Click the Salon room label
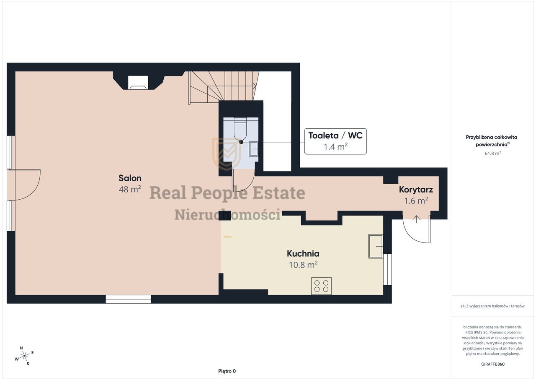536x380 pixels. pos(130,178)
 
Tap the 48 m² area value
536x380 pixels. pos(130,189)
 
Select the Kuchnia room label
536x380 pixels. pos(303,253)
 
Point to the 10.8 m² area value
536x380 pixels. pos(303,265)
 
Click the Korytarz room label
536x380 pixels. pos(416,190)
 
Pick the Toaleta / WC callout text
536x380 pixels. pos(335,135)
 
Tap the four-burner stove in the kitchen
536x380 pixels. pos(321,286)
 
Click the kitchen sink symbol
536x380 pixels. pos(376,246)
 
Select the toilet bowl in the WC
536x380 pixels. pos(240,129)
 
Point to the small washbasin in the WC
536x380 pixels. pos(254,149)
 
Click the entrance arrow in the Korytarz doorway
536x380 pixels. pos(417,219)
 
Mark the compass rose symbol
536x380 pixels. pos(24,356)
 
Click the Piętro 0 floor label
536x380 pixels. pos(227,371)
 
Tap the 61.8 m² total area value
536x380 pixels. pos(493,154)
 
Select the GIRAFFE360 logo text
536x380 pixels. pos(493,364)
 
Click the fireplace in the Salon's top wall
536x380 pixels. pos(138,83)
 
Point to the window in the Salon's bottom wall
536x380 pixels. pos(128,299)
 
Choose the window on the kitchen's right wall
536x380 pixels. pos(388,270)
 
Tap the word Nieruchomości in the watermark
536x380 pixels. pos(227,214)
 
